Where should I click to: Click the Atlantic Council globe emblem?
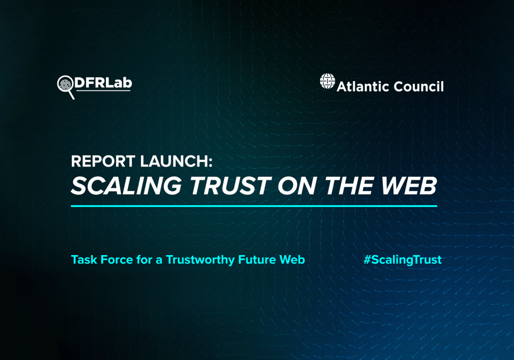point(327,81)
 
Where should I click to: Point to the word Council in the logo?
point(417,86)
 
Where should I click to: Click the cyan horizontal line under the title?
point(254,206)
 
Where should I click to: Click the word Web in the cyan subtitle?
point(292,260)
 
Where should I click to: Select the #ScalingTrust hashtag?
point(402,260)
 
